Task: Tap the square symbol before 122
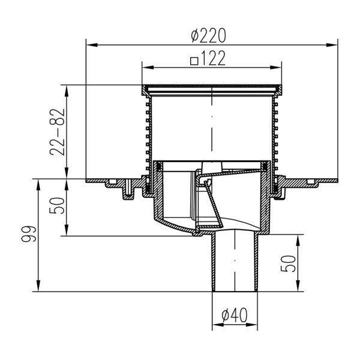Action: point(194,61)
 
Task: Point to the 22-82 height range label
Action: point(58,132)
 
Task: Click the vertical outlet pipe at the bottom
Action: point(234,264)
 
